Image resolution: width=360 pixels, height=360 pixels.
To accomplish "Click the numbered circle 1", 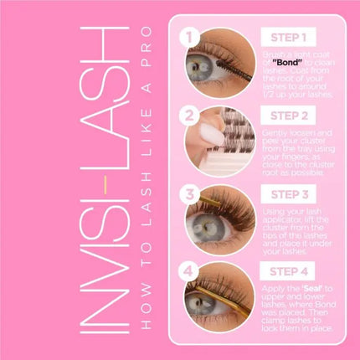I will (190, 38).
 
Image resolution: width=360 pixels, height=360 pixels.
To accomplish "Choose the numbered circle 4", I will (190, 270).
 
